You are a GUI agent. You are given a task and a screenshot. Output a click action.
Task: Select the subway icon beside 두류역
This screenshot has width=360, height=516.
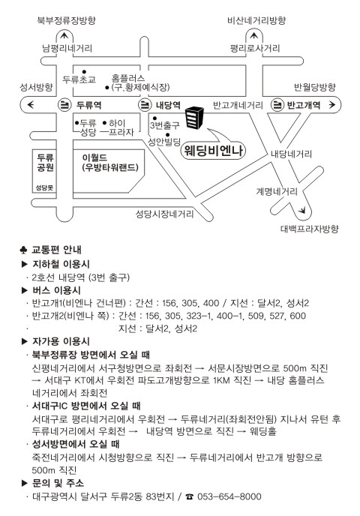(64, 105)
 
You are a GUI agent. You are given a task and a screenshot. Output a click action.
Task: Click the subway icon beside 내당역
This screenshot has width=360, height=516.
(144, 105)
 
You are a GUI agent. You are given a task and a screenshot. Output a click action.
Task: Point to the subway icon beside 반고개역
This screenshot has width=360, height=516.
(277, 105)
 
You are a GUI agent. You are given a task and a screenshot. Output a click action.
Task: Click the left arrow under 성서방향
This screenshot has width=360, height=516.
(31, 105)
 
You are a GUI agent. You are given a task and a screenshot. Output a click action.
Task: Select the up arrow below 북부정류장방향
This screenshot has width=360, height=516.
(64, 35)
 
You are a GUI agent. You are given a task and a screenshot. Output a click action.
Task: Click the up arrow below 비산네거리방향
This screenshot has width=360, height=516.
(253, 35)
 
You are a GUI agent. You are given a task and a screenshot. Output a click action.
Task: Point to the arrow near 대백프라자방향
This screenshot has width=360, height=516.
(302, 210)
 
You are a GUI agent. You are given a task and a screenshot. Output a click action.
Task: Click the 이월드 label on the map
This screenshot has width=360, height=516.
(94, 157)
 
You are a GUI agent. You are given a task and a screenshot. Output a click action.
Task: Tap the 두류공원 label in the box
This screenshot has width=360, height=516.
(46, 162)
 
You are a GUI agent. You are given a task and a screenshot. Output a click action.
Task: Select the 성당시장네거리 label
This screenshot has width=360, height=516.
(164, 214)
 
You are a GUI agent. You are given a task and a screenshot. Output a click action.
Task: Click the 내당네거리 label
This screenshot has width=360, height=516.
(291, 154)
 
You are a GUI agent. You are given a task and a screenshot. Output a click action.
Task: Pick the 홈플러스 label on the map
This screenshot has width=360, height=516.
(128, 78)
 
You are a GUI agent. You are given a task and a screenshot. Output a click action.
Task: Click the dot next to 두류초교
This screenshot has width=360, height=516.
(84, 72)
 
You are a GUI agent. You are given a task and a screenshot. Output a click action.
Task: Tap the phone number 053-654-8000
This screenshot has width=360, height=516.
(229, 496)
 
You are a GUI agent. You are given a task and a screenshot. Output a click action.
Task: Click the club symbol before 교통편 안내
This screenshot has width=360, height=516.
(23, 250)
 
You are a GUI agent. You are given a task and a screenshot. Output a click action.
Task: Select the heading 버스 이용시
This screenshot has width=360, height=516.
(56, 290)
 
